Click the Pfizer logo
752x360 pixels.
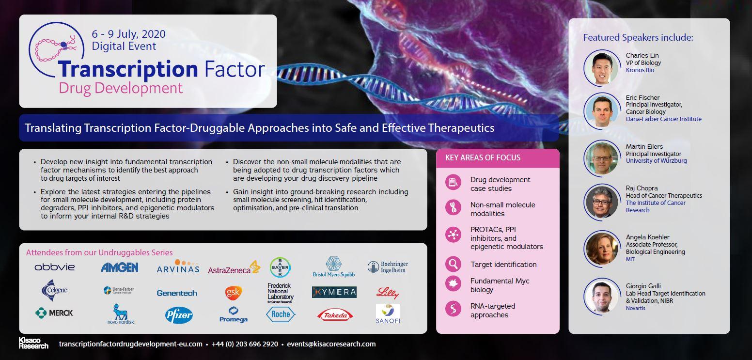pyautogui.click(x=179, y=315)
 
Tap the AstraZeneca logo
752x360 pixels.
pyautogui.click(x=234, y=268)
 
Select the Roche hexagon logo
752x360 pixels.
pyautogui.click(x=281, y=314)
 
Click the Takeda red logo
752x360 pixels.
pyautogui.click(x=335, y=315)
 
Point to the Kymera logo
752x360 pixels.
pyautogui.click(x=334, y=292)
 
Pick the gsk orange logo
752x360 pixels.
pyautogui.click(x=233, y=293)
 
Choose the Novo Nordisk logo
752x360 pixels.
pyautogui.click(x=120, y=314)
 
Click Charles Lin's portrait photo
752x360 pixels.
pyautogui.click(x=601, y=67)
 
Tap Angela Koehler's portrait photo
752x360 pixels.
pyautogui.click(x=601, y=248)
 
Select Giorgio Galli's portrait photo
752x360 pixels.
pyautogui.click(x=601, y=297)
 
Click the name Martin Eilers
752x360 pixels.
pyautogui.click(x=644, y=146)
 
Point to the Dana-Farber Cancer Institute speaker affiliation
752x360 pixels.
pyautogui.click(x=663, y=119)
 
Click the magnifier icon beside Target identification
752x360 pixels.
pyautogui.click(x=453, y=264)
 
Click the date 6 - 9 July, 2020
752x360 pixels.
pyautogui.click(x=128, y=34)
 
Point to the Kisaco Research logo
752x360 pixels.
pyautogui.click(x=33, y=344)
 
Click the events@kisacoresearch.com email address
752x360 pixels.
pyautogui.click(x=331, y=344)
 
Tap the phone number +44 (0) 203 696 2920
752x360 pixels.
pyautogui.click(x=245, y=344)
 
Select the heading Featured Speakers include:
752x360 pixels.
pyautogui.click(x=638, y=37)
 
